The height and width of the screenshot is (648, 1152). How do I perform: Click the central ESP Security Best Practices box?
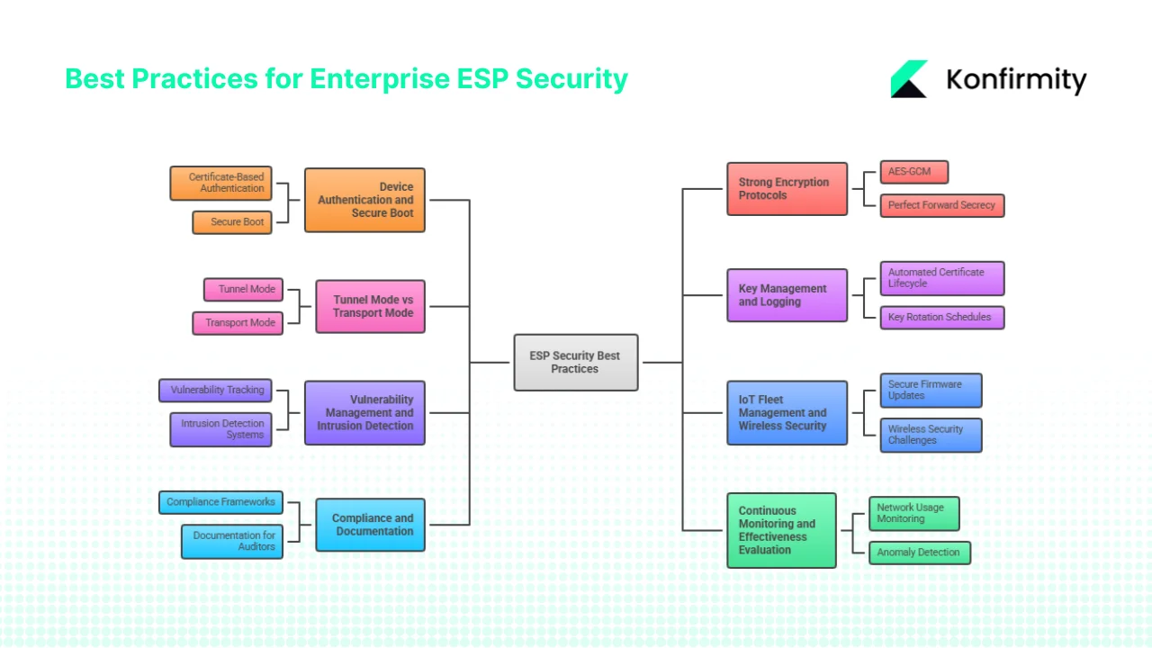pyautogui.click(x=575, y=363)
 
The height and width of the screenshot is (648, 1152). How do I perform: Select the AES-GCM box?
pyautogui.click(x=913, y=172)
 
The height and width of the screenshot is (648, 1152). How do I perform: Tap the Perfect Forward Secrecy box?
pyautogui.click(x=941, y=205)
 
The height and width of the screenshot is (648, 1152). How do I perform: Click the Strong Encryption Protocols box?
pyautogui.click(x=787, y=189)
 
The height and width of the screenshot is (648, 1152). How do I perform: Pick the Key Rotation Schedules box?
pyautogui.click(x=941, y=318)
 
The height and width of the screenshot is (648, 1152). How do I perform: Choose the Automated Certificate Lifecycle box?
pyautogui.click(x=941, y=278)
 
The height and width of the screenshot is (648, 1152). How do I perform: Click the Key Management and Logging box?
pyautogui.click(x=787, y=295)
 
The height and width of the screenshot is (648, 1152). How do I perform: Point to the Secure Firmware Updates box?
pyautogui.click(x=931, y=391)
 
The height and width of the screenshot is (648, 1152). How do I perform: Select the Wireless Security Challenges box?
pyautogui.click(x=931, y=435)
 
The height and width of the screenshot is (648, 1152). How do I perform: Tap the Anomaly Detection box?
pyautogui.click(x=919, y=553)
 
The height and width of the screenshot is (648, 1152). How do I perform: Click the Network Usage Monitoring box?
pyautogui.click(x=913, y=513)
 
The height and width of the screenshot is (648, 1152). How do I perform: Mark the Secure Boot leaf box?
pyautogui.click(x=232, y=222)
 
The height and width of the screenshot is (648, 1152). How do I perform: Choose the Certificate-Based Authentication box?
pyautogui.click(x=221, y=184)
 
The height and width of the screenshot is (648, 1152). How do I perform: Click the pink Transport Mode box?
pyautogui.click(x=238, y=323)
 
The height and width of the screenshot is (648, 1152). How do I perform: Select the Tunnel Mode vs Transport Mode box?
pyautogui.click(x=370, y=307)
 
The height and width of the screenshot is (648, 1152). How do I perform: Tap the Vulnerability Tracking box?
pyautogui.click(x=215, y=391)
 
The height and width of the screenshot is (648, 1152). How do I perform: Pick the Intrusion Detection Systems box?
pyautogui.click(x=220, y=429)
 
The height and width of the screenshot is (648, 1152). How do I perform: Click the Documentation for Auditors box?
pyautogui.click(x=232, y=542)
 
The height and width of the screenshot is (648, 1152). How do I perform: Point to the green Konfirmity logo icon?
pyautogui.click(x=909, y=79)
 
